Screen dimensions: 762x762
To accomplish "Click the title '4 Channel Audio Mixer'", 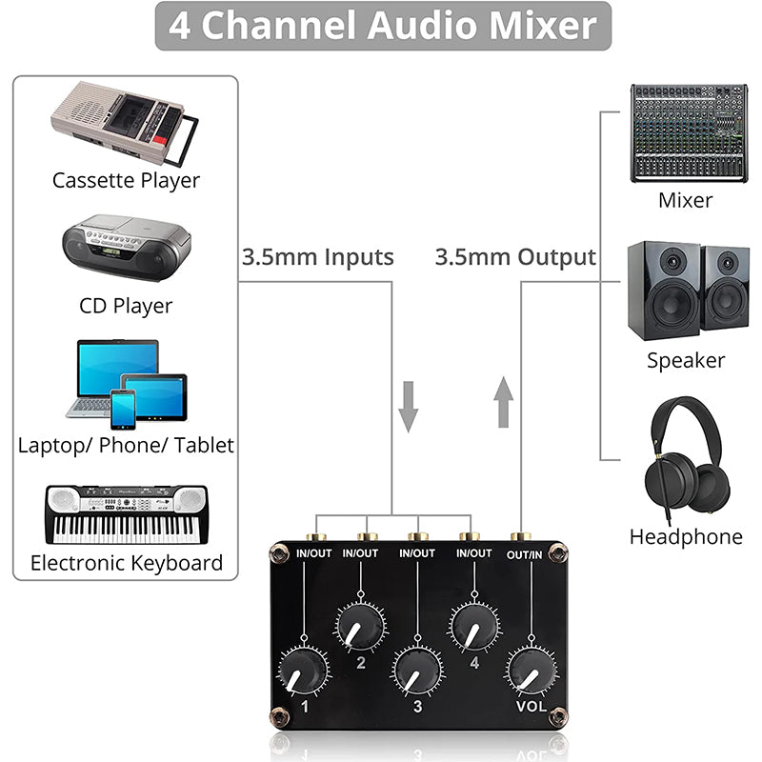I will point(383,26).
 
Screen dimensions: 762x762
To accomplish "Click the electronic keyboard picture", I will point(126,514).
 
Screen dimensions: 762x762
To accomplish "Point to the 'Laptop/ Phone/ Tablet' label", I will point(126,445).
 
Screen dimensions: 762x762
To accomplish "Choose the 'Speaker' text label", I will point(686,360).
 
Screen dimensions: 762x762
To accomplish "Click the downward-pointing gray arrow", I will point(409,406).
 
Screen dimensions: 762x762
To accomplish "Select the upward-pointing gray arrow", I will point(505,401).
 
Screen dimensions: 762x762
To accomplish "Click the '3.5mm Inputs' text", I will point(317,256).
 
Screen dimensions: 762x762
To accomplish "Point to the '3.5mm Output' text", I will point(515,256).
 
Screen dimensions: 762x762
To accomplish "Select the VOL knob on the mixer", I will point(531,671).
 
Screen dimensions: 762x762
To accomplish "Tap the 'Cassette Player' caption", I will point(126,180).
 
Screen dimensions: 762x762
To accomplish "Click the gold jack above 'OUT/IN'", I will point(519,538).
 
